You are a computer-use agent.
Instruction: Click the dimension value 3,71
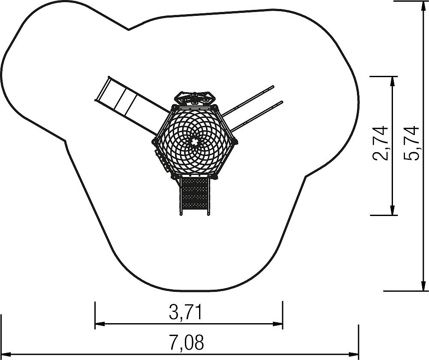point(185,312)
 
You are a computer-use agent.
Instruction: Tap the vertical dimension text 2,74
point(381,143)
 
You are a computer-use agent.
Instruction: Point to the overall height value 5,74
point(411,143)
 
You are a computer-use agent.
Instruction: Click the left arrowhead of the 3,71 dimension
point(100,324)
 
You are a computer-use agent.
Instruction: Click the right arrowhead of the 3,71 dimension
point(278,324)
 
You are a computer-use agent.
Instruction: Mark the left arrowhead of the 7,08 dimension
point(6,354)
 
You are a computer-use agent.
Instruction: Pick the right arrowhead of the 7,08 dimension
point(354,354)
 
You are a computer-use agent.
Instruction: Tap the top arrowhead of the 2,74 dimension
point(393,81)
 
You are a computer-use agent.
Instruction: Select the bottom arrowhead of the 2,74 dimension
point(393,210)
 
